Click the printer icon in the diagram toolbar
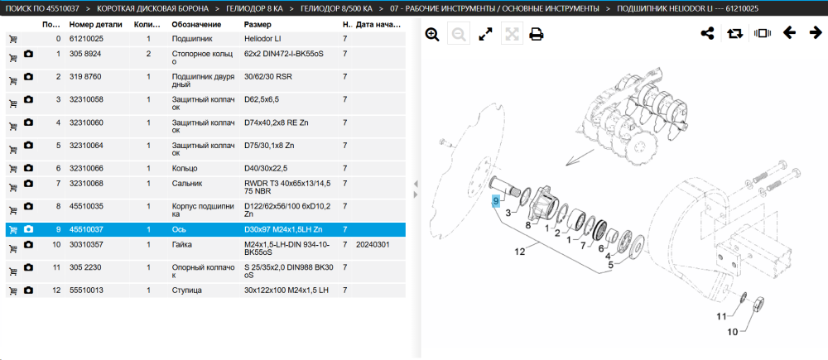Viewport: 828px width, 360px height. coord(537,34)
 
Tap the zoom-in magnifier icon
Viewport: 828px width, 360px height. coord(432,34)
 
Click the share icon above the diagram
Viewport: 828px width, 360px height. coord(707,33)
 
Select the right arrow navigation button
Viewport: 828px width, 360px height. coord(816,33)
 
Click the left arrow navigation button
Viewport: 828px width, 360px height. coord(789,33)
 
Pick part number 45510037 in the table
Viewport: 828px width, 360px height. coord(87,229)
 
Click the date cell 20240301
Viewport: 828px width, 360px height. coord(372,245)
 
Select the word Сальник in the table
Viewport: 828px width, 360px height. coord(185,183)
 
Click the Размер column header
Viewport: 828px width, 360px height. coord(258,25)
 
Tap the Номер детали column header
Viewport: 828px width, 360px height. coord(95,25)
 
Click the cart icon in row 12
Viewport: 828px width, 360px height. coord(12,290)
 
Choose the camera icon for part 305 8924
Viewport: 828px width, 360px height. coord(28,55)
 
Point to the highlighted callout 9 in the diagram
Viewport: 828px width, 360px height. coord(495,201)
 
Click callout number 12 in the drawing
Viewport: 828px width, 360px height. coord(520,252)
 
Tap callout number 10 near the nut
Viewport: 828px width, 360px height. coord(733,332)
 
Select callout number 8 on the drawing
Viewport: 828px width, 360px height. coord(527,225)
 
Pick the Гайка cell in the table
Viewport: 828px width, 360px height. coord(182,245)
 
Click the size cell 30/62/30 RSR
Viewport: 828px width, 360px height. coord(268,76)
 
